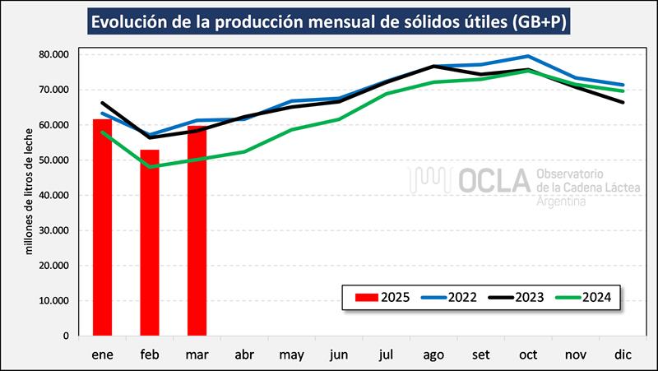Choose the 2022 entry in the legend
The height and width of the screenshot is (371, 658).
click(454, 297)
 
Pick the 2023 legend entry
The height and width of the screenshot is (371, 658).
click(521, 297)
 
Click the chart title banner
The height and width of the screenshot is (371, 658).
click(329, 21)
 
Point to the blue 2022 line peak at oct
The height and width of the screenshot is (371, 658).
click(528, 57)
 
